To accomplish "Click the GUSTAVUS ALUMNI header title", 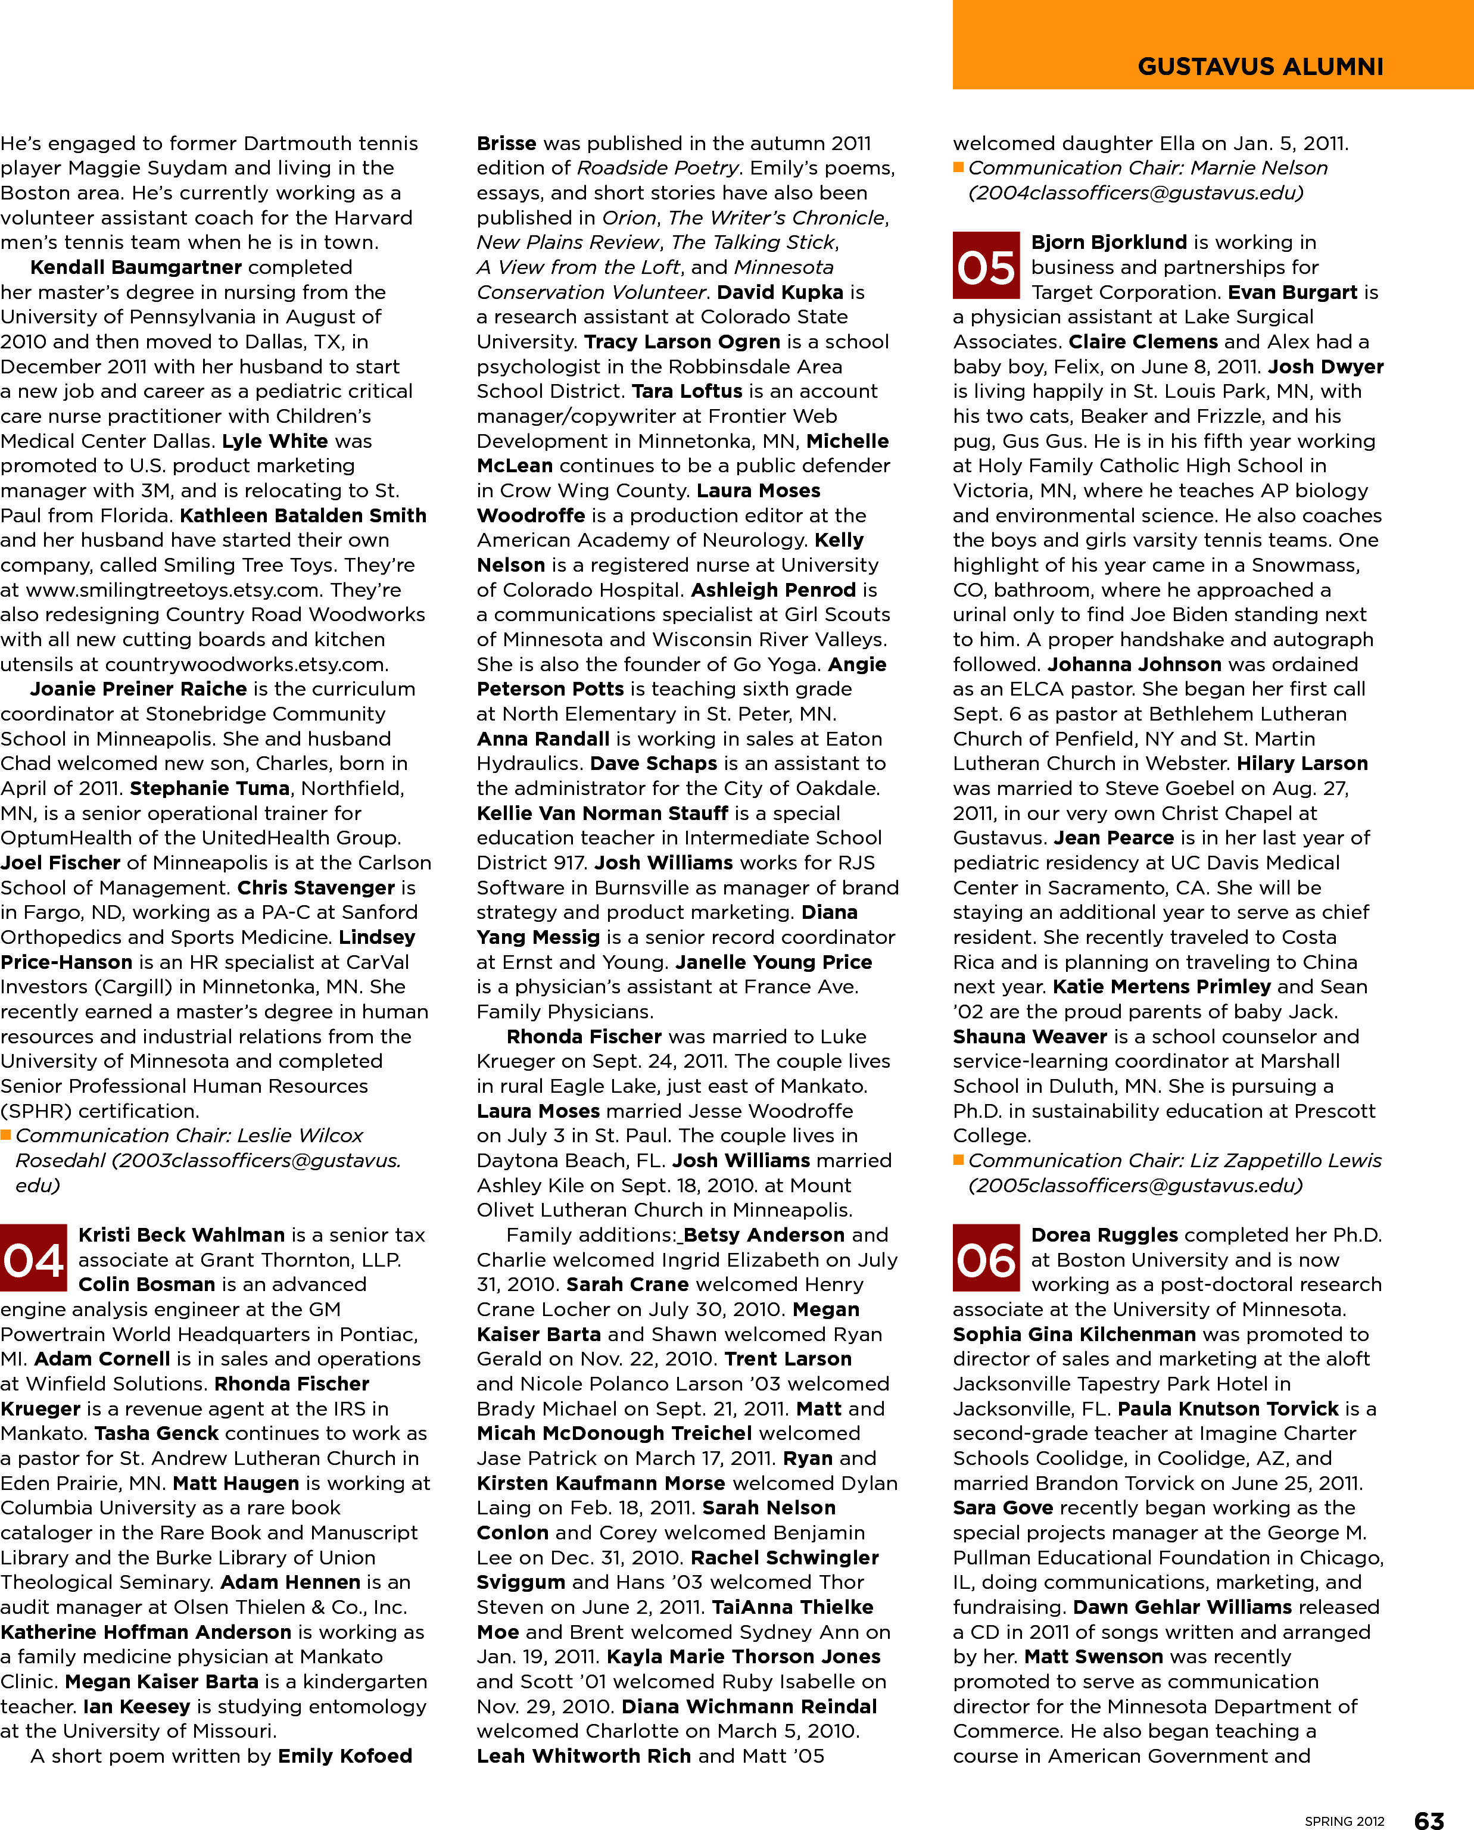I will (1260, 66).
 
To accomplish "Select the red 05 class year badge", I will (986, 267).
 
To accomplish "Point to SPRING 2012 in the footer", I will (1344, 1820).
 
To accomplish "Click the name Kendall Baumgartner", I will (136, 267).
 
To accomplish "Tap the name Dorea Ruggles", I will (1104, 1235).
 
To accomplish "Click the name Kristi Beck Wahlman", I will (182, 1235).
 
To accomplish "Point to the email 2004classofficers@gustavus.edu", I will (1135, 193).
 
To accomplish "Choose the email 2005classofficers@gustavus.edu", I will (1135, 1186).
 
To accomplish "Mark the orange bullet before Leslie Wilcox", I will (6, 1136).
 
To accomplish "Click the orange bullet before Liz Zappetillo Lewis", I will (959, 1160).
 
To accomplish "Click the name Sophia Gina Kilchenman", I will (1074, 1335).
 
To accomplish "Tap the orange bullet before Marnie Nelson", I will (959, 168).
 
